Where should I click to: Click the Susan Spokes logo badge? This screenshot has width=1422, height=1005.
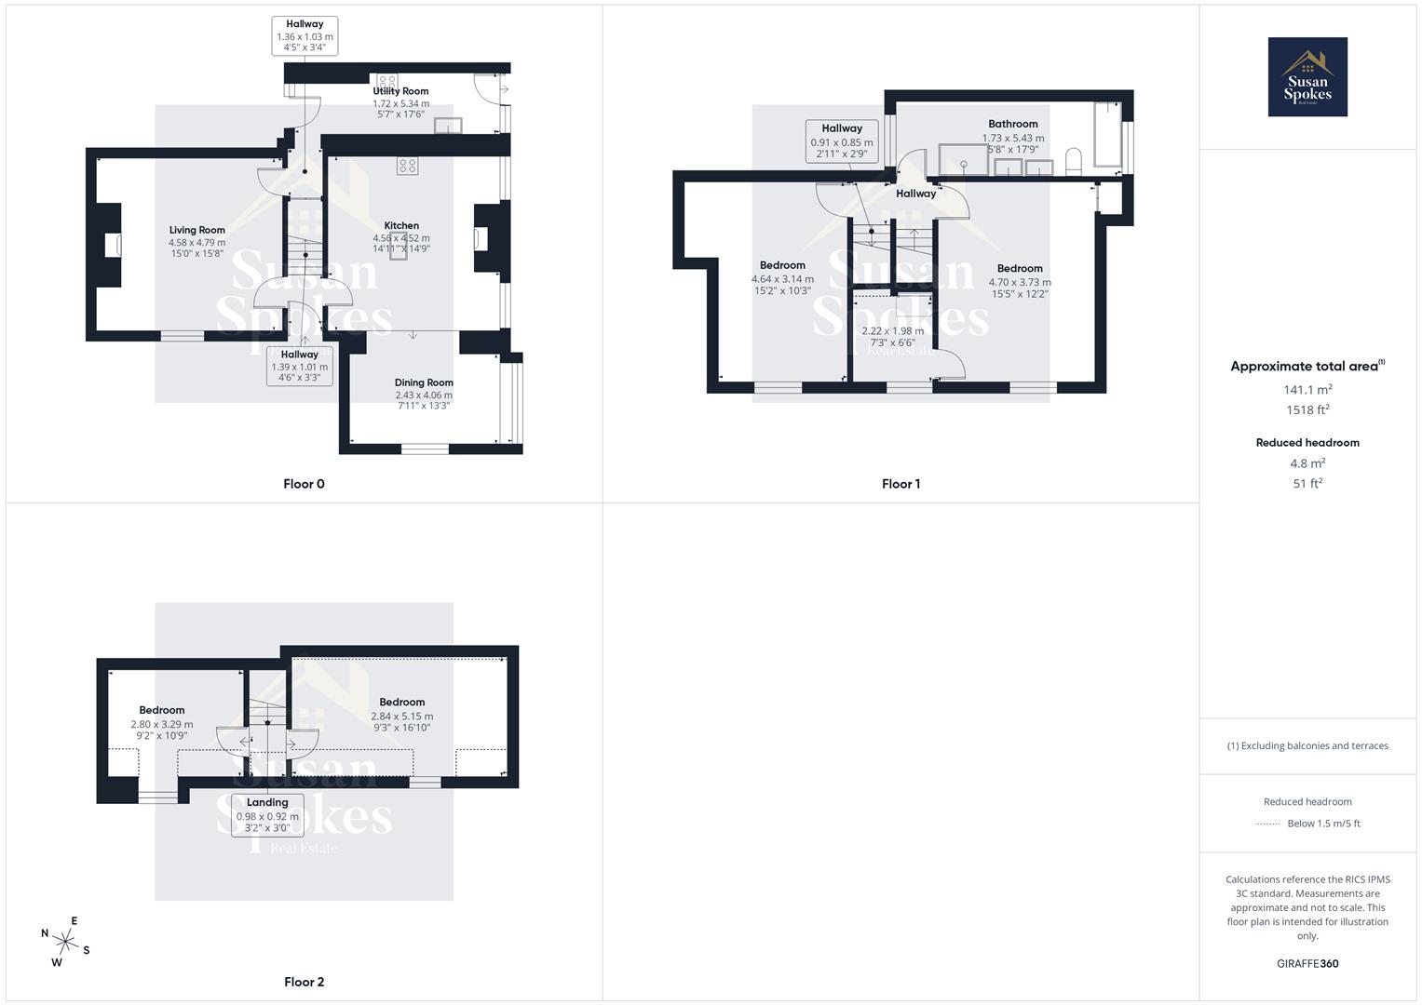pyautogui.click(x=1307, y=76)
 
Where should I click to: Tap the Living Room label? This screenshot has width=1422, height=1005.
pyautogui.click(x=196, y=230)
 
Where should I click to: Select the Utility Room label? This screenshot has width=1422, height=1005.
pyautogui.click(x=400, y=91)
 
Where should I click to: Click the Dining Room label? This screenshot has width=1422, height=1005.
pyautogui.click(x=424, y=382)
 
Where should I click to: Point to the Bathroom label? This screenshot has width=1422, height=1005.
pyautogui.click(x=1012, y=124)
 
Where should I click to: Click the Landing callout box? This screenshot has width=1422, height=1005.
pyautogui.click(x=267, y=815)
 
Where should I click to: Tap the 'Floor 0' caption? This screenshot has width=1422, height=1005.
pyautogui.click(x=304, y=484)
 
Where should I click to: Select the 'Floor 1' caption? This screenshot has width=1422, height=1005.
pyautogui.click(x=901, y=484)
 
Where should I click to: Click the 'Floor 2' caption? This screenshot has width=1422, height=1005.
pyautogui.click(x=304, y=982)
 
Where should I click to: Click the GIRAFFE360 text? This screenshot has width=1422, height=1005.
pyautogui.click(x=1307, y=963)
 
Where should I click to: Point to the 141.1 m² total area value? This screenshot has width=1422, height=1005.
pyautogui.click(x=1307, y=390)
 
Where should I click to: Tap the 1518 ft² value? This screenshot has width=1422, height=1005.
pyautogui.click(x=1307, y=410)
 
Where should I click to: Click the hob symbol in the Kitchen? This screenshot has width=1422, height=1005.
pyautogui.click(x=407, y=166)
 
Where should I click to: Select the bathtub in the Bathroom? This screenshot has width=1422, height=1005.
pyautogui.click(x=1107, y=135)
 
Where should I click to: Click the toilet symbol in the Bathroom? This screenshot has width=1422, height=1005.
pyautogui.click(x=1072, y=161)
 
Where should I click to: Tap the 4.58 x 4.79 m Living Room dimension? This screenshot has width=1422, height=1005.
pyautogui.click(x=196, y=243)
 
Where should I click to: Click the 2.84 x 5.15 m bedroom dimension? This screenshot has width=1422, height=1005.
pyautogui.click(x=401, y=717)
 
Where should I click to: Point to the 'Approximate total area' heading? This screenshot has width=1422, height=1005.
pyautogui.click(x=1307, y=366)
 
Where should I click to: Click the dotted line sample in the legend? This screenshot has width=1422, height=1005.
pyautogui.click(x=1267, y=824)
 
